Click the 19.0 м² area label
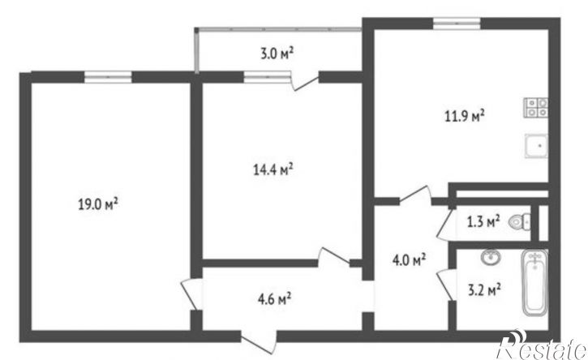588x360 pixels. click(x=98, y=204)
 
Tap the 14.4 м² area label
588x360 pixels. click(x=273, y=170)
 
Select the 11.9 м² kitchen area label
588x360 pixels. click(x=464, y=116)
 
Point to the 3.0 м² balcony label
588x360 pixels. click(x=277, y=54)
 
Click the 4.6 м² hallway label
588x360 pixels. click(x=275, y=299)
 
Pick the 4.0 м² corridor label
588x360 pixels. click(x=409, y=260)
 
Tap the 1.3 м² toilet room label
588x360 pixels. click(x=483, y=222)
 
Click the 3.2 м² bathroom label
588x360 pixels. click(x=484, y=290)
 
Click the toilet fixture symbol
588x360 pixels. click(x=519, y=222)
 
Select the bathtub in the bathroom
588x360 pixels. click(x=534, y=283)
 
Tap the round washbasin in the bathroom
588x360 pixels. click(x=491, y=258)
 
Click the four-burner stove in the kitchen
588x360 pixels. click(x=536, y=107)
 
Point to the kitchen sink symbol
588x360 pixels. click(x=536, y=145)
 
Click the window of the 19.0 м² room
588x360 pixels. click(x=108, y=76)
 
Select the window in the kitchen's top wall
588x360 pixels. click(x=457, y=24)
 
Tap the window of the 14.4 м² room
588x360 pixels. click(x=268, y=76)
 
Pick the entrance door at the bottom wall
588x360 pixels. click(x=259, y=342)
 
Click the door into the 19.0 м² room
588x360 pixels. click(x=191, y=294)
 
